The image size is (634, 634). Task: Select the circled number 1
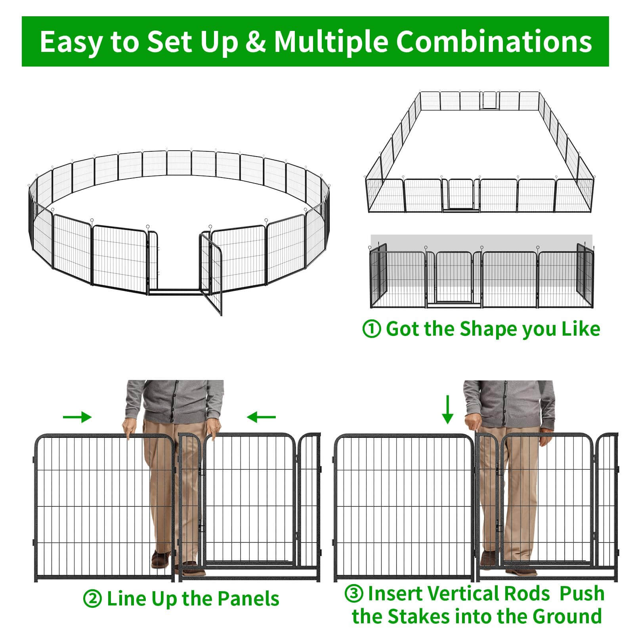coord(372,329)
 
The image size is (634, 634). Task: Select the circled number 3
coord(354,594)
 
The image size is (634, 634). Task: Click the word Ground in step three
coord(567,617)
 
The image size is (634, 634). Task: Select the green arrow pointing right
coord(77,417)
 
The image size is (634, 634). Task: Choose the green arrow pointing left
coord(261,417)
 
